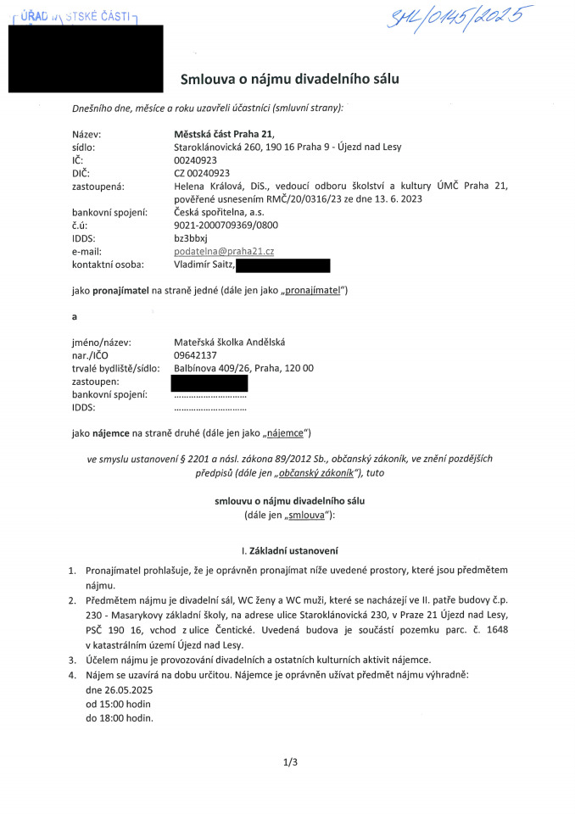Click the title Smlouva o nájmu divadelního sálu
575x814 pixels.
(289, 79)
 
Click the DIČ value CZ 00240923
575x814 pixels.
(201, 172)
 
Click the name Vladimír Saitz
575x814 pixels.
(203, 265)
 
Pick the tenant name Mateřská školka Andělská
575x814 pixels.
(230, 342)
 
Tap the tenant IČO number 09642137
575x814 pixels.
(195, 354)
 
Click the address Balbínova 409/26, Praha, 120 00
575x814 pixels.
(243, 368)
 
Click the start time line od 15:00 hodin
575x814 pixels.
(120, 704)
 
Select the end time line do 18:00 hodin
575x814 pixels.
(120, 717)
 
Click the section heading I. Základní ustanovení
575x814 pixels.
(290, 550)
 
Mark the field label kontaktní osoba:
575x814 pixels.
(108, 265)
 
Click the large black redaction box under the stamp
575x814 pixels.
(86, 58)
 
